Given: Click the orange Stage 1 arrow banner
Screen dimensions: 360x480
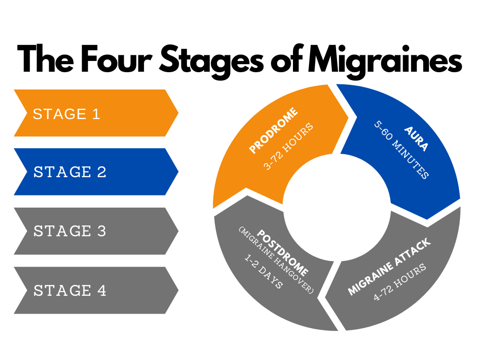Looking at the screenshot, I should point(94,113).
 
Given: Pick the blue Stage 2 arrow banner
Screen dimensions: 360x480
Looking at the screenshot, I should point(94,172).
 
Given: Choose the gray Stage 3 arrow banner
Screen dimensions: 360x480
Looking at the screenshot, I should point(94,231).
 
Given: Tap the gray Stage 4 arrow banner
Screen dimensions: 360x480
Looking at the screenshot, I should point(94,290).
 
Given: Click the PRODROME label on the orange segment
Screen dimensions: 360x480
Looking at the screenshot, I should point(273,131).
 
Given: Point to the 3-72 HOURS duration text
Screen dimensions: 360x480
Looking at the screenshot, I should point(288,146).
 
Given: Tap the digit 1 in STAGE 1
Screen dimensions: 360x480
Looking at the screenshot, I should point(96,114).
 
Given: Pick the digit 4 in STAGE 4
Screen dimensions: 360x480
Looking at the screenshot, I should point(102,291).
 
